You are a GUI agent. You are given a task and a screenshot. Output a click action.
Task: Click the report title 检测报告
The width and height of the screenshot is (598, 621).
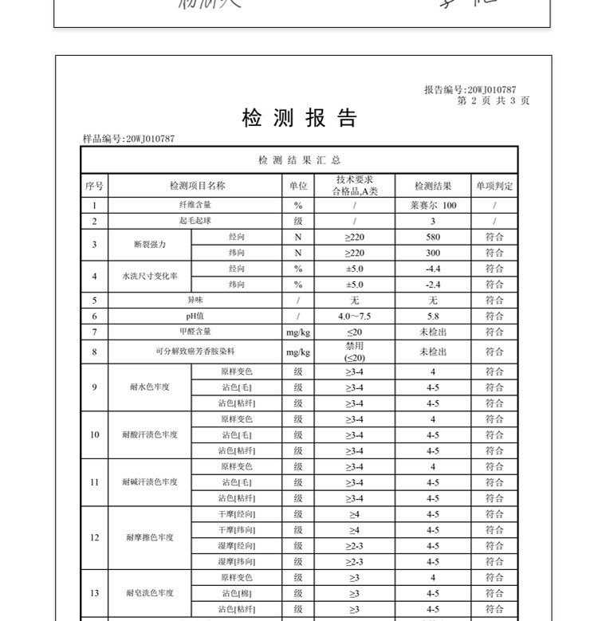300,120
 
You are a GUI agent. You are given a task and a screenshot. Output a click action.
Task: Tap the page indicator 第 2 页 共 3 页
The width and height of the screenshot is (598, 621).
493,100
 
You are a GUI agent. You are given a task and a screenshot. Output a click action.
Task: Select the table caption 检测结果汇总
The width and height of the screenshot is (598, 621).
300,160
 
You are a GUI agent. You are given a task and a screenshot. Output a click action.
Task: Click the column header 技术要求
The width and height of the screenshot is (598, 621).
355,180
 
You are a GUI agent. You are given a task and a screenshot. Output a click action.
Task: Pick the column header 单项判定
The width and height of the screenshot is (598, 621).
494,186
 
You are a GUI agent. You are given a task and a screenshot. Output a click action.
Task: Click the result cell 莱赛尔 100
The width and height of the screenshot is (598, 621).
433,206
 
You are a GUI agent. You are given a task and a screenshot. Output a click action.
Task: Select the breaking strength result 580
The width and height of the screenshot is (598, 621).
433,237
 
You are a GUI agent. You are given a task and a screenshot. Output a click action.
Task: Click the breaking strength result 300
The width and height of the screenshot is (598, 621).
433,253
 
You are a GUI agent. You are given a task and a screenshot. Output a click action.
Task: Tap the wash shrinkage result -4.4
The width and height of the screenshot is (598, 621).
433,269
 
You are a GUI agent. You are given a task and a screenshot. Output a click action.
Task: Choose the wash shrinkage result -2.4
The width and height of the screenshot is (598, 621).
433,285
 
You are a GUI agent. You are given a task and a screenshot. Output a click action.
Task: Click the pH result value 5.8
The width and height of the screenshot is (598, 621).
433,316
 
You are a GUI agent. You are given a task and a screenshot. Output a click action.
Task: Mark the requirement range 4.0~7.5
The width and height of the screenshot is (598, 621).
355,316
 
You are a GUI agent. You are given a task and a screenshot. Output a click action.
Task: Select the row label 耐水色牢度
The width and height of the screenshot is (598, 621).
150,387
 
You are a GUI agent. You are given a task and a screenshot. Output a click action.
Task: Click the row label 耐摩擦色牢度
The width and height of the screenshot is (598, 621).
150,538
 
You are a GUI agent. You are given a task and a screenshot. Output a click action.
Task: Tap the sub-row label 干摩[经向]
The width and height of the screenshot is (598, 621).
237,514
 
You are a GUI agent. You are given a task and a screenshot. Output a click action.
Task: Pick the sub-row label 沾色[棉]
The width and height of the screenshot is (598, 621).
237,593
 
